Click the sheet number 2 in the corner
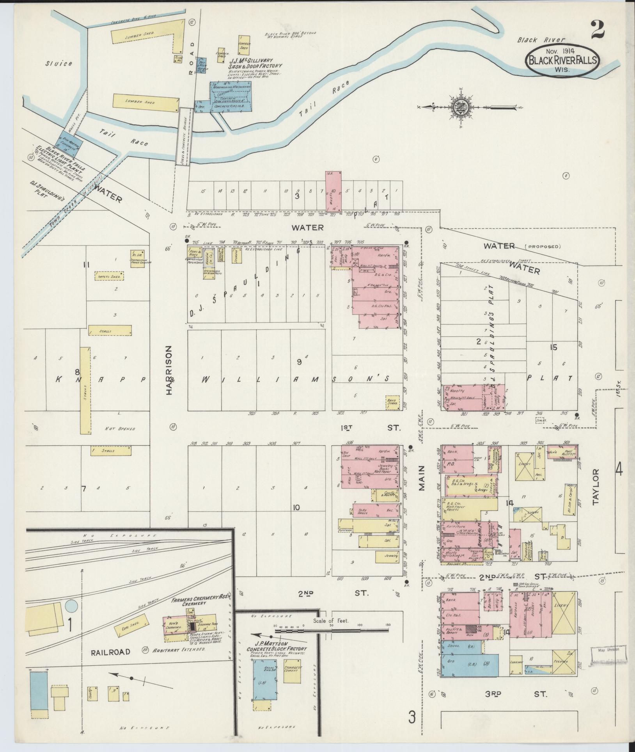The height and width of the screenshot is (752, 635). click(x=597, y=30)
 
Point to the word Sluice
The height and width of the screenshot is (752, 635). click(x=59, y=63)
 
